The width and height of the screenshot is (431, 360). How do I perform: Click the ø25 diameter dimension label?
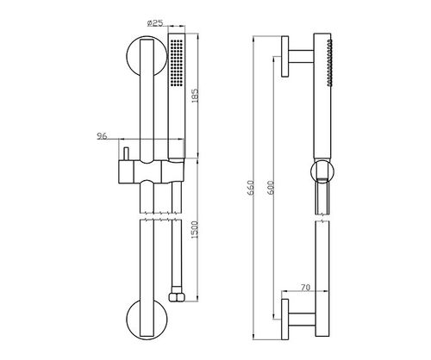pyautogui.click(x=155, y=23)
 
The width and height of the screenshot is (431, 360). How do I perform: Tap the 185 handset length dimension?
pyautogui.click(x=195, y=96)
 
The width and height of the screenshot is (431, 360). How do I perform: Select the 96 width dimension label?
pyautogui.click(x=102, y=136)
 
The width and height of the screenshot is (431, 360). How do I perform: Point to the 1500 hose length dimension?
pyautogui.click(x=195, y=230)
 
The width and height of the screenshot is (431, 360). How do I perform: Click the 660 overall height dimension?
pyautogui.click(x=251, y=188)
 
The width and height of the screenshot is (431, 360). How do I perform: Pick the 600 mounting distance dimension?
pyautogui.click(x=271, y=188)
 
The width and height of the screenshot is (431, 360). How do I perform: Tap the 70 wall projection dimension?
pyautogui.click(x=305, y=288)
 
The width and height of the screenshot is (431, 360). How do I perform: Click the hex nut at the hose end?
pyautogui.click(x=176, y=297)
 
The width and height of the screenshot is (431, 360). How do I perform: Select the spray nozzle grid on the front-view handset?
pyautogui.click(x=176, y=63)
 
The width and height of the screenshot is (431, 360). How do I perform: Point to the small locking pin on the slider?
pyautogui.click(x=126, y=154)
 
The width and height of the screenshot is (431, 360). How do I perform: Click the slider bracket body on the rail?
pyautogui.click(x=151, y=171)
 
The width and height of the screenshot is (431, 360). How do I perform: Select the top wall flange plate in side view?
pyautogui.click(x=285, y=56)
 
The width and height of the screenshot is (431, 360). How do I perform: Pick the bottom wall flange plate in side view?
pyautogui.click(x=285, y=320)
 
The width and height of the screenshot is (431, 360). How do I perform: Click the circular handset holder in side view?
pyautogui.click(x=322, y=171)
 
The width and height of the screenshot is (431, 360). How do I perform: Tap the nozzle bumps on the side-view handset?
pyautogui.click(x=329, y=63)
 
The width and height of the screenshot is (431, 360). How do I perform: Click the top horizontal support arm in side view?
pyautogui.click(x=301, y=56)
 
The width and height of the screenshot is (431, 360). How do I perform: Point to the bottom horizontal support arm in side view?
pyautogui.click(x=302, y=320)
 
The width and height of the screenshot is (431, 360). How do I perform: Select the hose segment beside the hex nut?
pyautogui.click(x=177, y=257)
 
